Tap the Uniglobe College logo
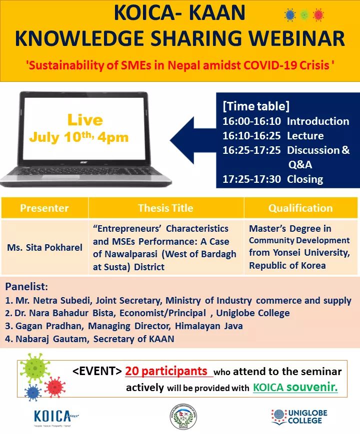[x=298, y=416]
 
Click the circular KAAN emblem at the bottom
[x=183, y=416]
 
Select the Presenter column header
[x=44, y=208]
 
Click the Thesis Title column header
[x=165, y=208]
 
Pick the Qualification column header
[x=300, y=208]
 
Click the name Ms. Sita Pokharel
[x=44, y=247]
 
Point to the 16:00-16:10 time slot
[x=251, y=121]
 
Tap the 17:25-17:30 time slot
[x=251, y=179]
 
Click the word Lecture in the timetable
[x=305, y=136]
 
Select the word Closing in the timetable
[x=305, y=179]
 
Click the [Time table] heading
[x=255, y=106]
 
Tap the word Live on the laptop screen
[x=85, y=120]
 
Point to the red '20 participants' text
[x=166, y=372]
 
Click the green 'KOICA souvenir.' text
[x=295, y=387]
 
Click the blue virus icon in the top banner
[x=290, y=15]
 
